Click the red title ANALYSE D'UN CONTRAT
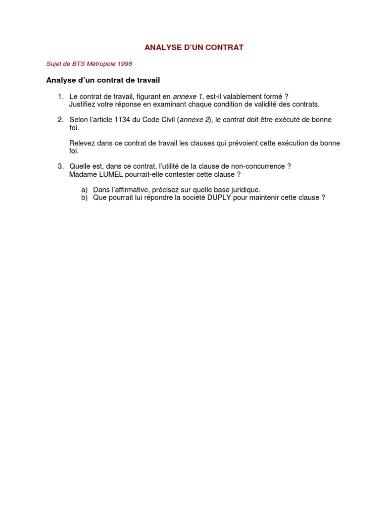194,47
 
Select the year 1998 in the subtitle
124,64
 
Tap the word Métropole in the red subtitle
100,64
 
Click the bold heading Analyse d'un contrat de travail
103,80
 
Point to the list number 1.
60,96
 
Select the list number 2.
60,120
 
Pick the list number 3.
60,166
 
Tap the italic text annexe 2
195,120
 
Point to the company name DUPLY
219,197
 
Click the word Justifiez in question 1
83,104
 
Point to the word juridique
245,189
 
